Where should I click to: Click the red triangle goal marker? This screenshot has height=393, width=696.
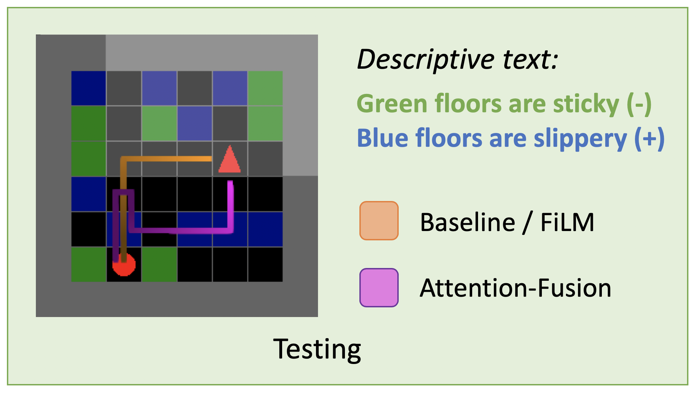tap(230, 159)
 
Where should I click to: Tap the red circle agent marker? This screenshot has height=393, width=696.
tap(124, 265)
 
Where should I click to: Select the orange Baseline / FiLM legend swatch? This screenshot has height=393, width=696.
tap(379, 221)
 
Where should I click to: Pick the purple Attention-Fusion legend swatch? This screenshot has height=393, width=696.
tap(379, 288)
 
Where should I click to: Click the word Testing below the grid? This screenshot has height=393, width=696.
tap(317, 349)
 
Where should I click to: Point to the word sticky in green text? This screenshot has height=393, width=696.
tap(586, 104)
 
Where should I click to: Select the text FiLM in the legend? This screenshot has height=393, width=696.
tap(567, 222)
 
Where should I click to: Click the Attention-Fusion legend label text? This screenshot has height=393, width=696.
tap(516, 288)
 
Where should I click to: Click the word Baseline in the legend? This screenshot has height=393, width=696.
tap(468, 222)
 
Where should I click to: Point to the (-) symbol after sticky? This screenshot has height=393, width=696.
tap(639, 104)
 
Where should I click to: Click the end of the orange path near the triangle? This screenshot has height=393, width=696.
tap(211, 159)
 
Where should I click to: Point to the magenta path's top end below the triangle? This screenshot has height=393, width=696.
tap(230, 182)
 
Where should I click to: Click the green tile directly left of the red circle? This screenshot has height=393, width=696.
tap(89, 264)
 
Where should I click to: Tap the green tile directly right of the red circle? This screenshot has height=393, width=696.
tap(159, 264)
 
